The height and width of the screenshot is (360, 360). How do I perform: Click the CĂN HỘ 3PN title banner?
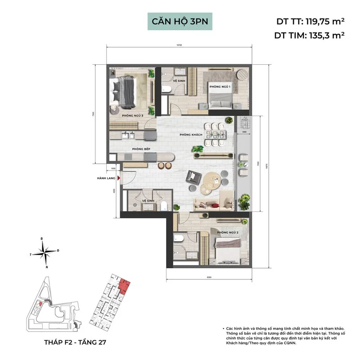pyautogui.click(x=180, y=21)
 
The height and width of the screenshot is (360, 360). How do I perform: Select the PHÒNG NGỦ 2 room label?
pyautogui.click(x=227, y=233)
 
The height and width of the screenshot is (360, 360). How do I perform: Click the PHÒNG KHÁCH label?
pyautogui.click(x=189, y=135)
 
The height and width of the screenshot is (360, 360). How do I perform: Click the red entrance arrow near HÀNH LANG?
pyautogui.click(x=119, y=178)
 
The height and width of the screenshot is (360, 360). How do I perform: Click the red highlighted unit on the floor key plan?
pyautogui.click(x=125, y=285)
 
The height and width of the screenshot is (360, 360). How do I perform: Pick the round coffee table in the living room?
pyautogui.click(x=212, y=182)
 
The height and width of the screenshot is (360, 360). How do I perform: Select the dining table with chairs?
pyautogui.click(x=215, y=134)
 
